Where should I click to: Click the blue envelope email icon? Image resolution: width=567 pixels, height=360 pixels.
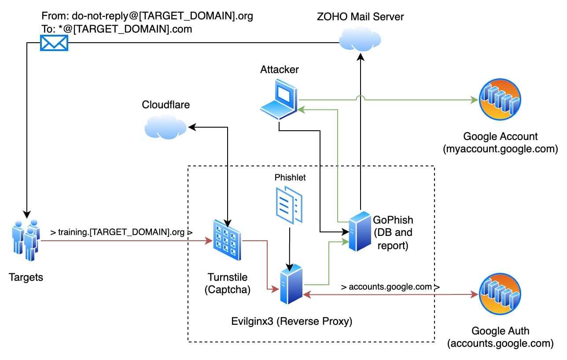[x=54, y=43]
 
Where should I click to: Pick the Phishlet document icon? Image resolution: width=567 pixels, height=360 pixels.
[x=289, y=203]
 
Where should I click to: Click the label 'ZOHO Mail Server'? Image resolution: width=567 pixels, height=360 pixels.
[x=360, y=17]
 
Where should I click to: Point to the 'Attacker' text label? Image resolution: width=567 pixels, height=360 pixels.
[x=279, y=69]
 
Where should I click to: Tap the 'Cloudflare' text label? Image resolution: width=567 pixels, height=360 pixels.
[x=165, y=104]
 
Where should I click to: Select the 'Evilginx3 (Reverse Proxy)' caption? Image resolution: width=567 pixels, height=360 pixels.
[x=292, y=321]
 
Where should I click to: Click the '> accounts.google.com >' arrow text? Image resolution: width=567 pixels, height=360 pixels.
[x=390, y=287]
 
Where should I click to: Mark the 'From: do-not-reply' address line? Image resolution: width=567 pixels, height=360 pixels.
[x=147, y=16]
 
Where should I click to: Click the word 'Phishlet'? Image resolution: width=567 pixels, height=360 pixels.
[x=290, y=178]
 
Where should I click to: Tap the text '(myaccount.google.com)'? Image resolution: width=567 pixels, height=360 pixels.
[x=501, y=149]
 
